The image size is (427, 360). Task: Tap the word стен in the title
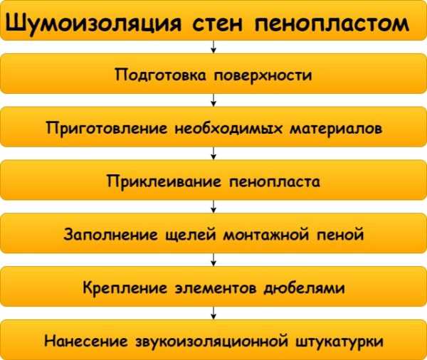[217, 24]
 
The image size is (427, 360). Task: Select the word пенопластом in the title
[332, 25]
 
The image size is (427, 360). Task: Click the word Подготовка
[160, 75]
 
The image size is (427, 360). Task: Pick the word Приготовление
[107, 128]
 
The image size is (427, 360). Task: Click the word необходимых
[228, 128]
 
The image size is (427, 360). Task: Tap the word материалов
[336, 129]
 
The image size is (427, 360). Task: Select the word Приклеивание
[164, 181]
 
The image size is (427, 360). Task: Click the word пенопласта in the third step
[275, 182]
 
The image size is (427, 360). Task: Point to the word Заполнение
[110, 234]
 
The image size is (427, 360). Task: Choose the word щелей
[191, 235]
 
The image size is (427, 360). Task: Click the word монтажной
[266, 235]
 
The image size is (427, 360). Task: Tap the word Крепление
[125, 287]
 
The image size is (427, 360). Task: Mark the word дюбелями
[304, 287]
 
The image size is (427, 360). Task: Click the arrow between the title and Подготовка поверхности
[213, 47]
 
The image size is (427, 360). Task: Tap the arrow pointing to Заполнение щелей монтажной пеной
[213, 206]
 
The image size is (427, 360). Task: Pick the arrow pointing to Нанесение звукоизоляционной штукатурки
[213, 313]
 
